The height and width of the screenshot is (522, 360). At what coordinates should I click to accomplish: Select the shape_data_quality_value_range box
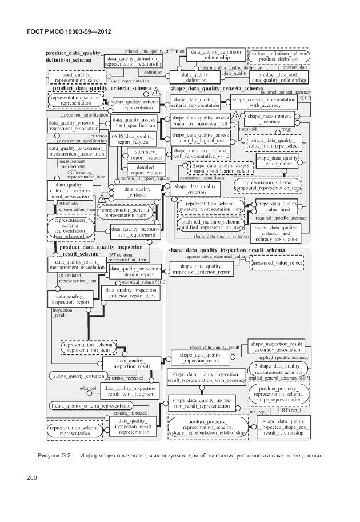278,161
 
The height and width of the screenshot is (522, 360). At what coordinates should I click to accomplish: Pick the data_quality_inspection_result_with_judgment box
129,390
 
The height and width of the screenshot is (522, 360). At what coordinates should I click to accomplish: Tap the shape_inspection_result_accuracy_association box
277,346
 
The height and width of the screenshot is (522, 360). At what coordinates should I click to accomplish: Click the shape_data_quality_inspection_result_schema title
226,250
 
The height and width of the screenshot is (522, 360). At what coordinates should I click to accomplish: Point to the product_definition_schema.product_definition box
279,55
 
